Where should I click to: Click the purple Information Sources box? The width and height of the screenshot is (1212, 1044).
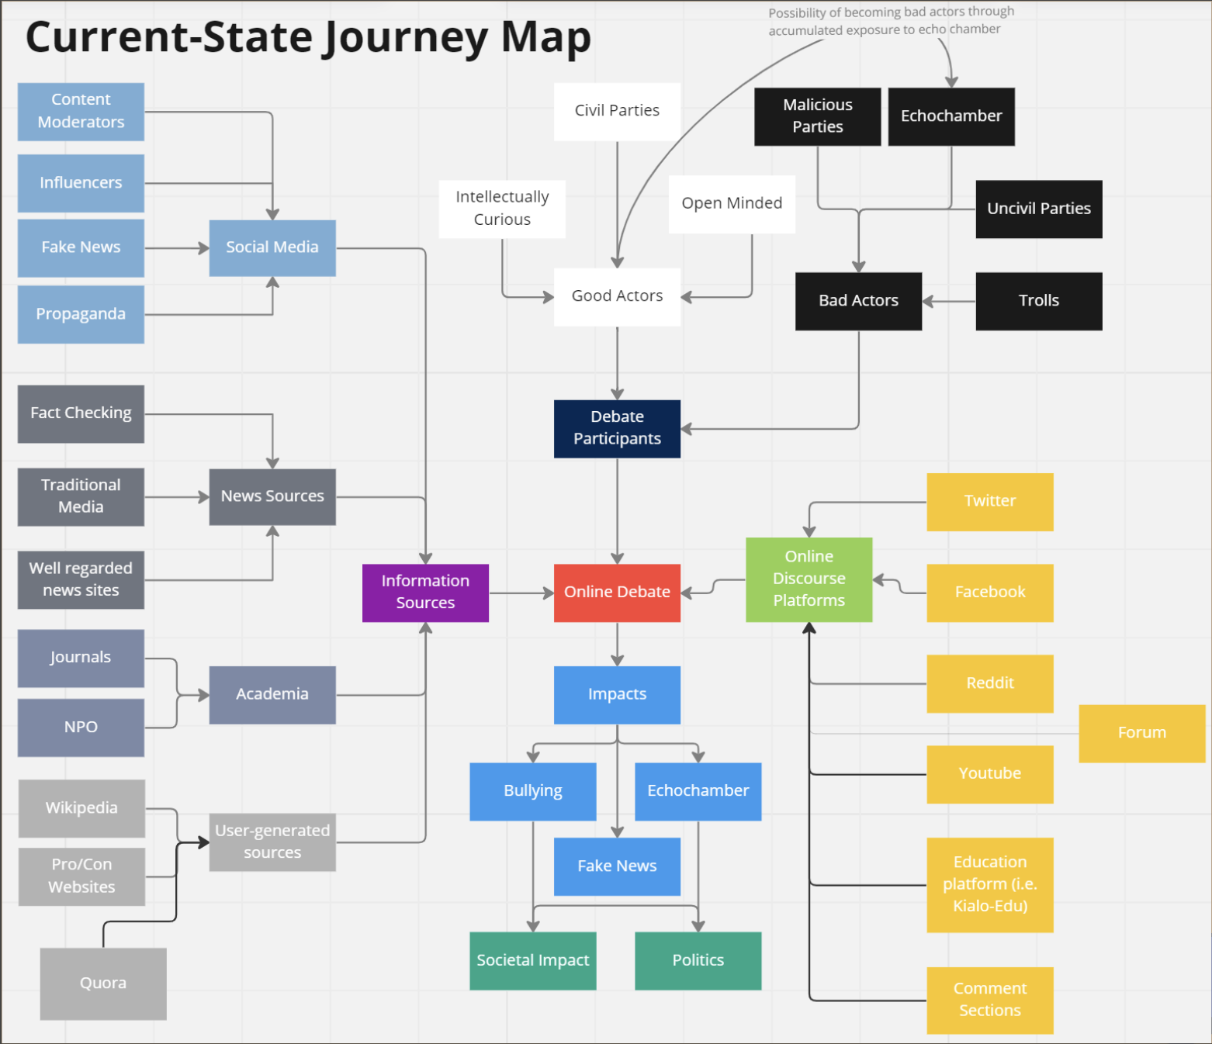(x=425, y=593)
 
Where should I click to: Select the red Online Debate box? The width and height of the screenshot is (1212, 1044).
(x=617, y=593)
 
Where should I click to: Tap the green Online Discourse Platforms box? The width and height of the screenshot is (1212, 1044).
(x=809, y=579)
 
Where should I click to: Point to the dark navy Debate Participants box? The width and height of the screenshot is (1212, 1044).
(x=617, y=428)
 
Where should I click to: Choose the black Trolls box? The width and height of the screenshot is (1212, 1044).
(x=1038, y=301)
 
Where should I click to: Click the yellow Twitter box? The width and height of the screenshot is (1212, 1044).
(x=989, y=502)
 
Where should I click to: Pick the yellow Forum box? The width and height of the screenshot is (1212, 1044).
(x=1141, y=733)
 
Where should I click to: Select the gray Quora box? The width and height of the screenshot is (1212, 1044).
(x=103, y=984)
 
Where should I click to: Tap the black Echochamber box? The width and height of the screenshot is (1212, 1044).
(x=951, y=116)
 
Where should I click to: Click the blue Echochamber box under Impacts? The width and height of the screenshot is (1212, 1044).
(x=698, y=791)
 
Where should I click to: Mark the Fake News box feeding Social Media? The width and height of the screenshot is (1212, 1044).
(x=81, y=247)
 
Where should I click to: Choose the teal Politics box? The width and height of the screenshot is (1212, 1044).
(x=698, y=960)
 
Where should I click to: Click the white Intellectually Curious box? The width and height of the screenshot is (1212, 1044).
(x=502, y=209)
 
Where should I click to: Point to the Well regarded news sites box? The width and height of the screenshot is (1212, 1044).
(x=81, y=579)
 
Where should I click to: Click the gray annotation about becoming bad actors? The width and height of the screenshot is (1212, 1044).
(x=890, y=21)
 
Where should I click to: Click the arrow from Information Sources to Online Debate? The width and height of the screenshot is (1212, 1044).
(x=521, y=593)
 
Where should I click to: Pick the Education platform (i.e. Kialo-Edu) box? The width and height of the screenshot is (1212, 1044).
(x=989, y=884)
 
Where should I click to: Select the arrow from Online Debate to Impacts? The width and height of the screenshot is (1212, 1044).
(x=617, y=644)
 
